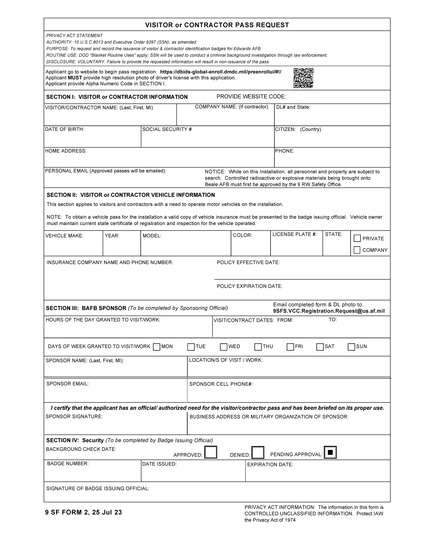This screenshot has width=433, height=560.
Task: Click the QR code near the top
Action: point(303,78)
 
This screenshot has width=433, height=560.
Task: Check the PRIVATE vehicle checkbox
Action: point(357,238)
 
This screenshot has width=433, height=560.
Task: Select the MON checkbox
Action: point(156,347)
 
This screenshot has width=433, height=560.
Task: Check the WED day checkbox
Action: point(224,347)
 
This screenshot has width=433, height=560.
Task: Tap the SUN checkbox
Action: point(351,347)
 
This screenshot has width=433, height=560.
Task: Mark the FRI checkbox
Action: point(290,347)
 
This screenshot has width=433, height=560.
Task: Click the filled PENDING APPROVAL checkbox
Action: point(330,452)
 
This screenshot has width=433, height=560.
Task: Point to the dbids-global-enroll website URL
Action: point(221,72)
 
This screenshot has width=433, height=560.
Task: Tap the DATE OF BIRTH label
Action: point(65,129)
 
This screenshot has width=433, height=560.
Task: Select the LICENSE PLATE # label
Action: point(295,234)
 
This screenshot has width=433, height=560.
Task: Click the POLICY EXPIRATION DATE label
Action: point(250,286)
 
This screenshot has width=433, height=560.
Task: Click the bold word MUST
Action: point(75,78)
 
